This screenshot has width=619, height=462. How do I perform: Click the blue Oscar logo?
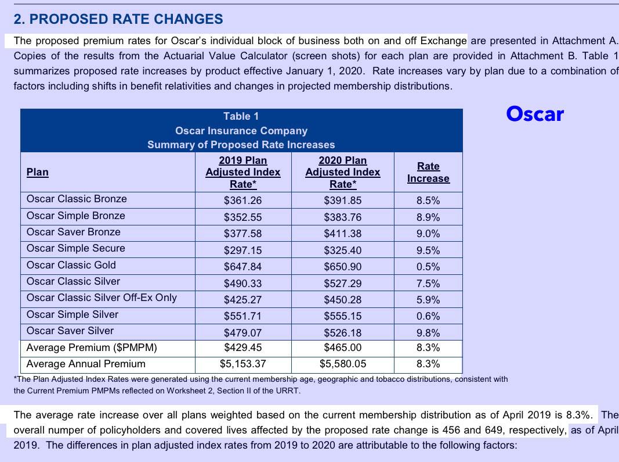[535, 113]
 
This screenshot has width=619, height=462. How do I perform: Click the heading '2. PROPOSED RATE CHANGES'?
[118, 19]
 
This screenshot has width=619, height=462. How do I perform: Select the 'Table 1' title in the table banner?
[241, 116]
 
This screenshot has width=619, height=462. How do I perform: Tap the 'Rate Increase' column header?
[428, 173]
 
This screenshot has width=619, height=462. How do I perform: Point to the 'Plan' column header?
[38, 172]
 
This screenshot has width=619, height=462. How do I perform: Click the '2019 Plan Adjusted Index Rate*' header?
[243, 172]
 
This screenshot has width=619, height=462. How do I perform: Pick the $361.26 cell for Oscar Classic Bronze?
[243, 200]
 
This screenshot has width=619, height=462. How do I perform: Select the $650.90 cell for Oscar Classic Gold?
[342, 267]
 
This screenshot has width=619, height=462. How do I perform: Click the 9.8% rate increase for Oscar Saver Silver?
[428, 333]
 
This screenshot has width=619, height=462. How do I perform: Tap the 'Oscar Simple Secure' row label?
[76, 248]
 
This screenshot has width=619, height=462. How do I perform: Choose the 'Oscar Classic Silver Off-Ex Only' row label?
[102, 298]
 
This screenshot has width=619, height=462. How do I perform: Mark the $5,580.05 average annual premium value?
[342, 364]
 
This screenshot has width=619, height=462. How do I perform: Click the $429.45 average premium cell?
[243, 348]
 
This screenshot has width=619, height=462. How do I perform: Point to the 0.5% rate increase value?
[428, 267]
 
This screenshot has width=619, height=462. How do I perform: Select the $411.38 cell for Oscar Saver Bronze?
[342, 234]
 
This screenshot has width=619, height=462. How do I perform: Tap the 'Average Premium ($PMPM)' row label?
[92, 348]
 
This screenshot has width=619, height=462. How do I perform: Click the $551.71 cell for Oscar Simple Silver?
[243, 317]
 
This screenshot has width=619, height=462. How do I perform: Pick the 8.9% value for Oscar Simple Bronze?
[428, 217]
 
